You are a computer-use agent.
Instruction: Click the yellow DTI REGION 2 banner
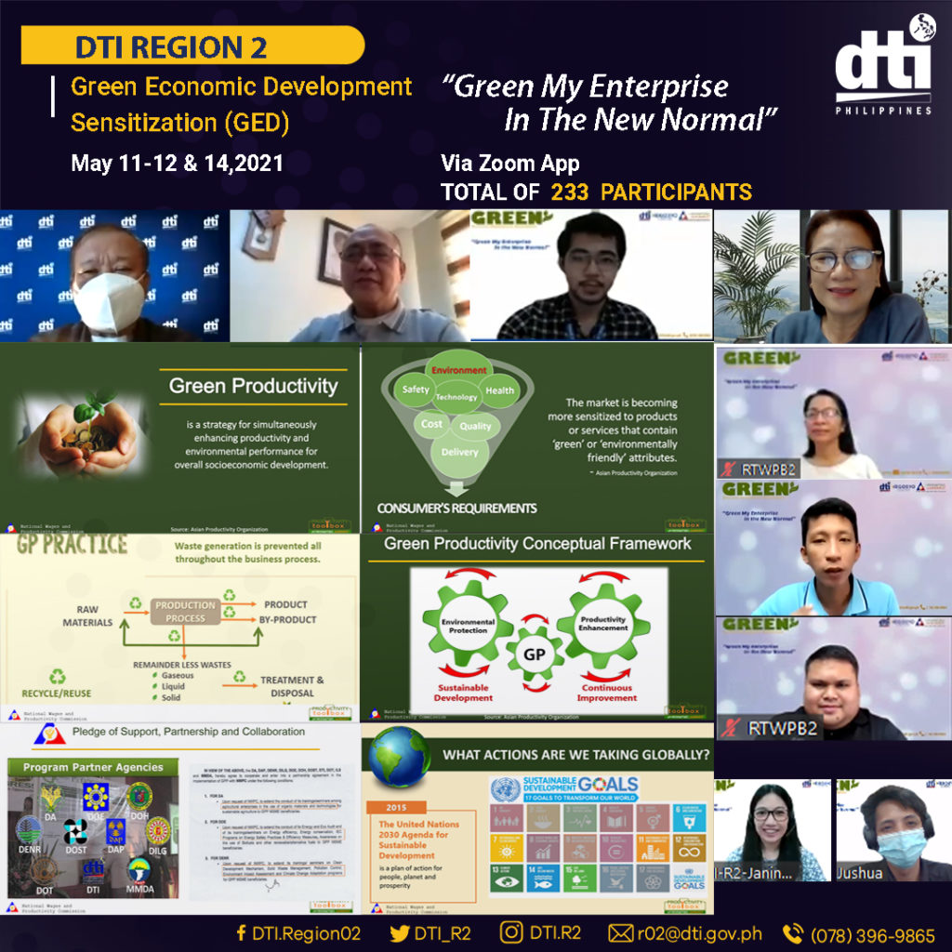click(191, 45)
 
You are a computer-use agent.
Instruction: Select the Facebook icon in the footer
click(242, 932)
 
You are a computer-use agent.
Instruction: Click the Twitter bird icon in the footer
click(400, 932)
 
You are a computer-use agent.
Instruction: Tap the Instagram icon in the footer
click(511, 932)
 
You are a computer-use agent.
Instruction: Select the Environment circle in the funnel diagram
click(457, 370)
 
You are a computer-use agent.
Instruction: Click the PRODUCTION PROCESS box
click(185, 611)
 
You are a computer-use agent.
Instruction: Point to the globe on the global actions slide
click(400, 758)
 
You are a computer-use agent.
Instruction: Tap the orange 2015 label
click(393, 807)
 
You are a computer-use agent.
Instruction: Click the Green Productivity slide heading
click(253, 386)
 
